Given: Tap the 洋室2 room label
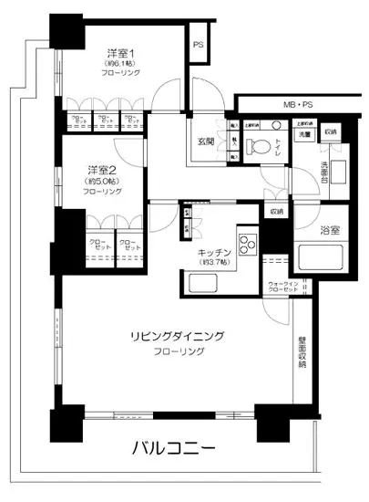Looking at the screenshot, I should tap(102, 171).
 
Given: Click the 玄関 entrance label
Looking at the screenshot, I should tap(206, 141).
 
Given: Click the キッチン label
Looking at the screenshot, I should tap(212, 252).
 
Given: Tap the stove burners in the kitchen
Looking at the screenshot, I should tap(247, 246).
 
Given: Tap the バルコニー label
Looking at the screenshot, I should tap(172, 448).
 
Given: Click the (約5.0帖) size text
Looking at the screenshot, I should tap(102, 182).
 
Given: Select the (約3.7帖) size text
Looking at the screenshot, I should tap(212, 263).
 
